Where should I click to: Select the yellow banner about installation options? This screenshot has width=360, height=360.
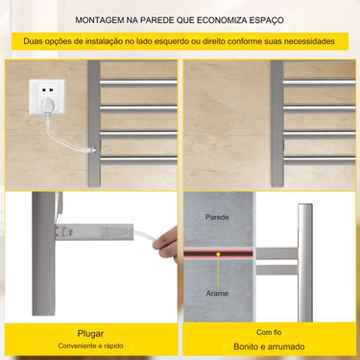pyautogui.click(x=180, y=42)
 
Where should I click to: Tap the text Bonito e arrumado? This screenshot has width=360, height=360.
pyautogui.click(x=269, y=347)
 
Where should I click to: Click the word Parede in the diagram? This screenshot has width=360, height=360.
pyautogui.click(x=217, y=219)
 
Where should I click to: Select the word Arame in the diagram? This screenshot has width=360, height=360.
pyautogui.click(x=217, y=293)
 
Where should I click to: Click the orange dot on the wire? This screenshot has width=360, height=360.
pyautogui.click(x=218, y=256)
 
